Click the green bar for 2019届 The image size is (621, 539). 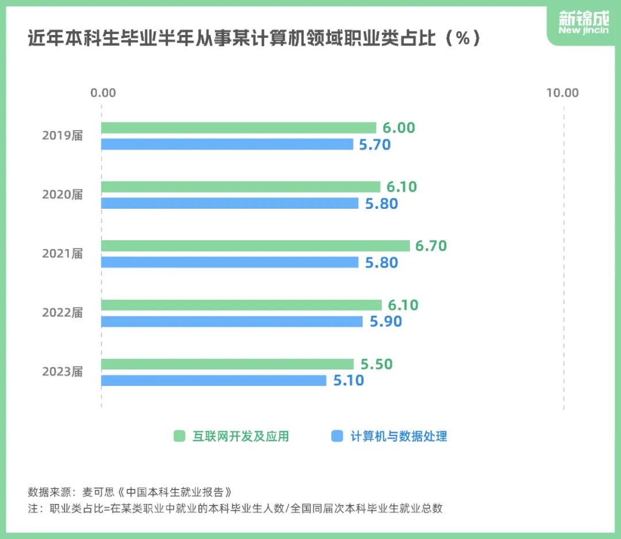coord(239,128)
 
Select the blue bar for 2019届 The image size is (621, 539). coord(227,144)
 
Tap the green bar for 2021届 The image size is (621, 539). coord(255,246)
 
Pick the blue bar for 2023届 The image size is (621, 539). coord(213,381)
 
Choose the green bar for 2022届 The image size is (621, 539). coord(241,305)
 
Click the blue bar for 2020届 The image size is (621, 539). coord(229,203)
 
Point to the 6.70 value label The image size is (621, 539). coord(431,246)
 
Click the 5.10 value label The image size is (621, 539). coord(348,381)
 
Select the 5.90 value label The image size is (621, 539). coord(386,322)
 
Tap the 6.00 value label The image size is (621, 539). coord(398,128)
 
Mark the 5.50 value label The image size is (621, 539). coord(377,364)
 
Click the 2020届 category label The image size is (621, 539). coord(63,195)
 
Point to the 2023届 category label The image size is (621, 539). coord(63,372)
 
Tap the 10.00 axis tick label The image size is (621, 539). coord(562,93)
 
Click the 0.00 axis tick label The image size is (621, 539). coord(103,93)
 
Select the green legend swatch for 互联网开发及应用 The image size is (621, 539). coord(179,437)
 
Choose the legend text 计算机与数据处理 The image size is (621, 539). coord(398,437)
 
